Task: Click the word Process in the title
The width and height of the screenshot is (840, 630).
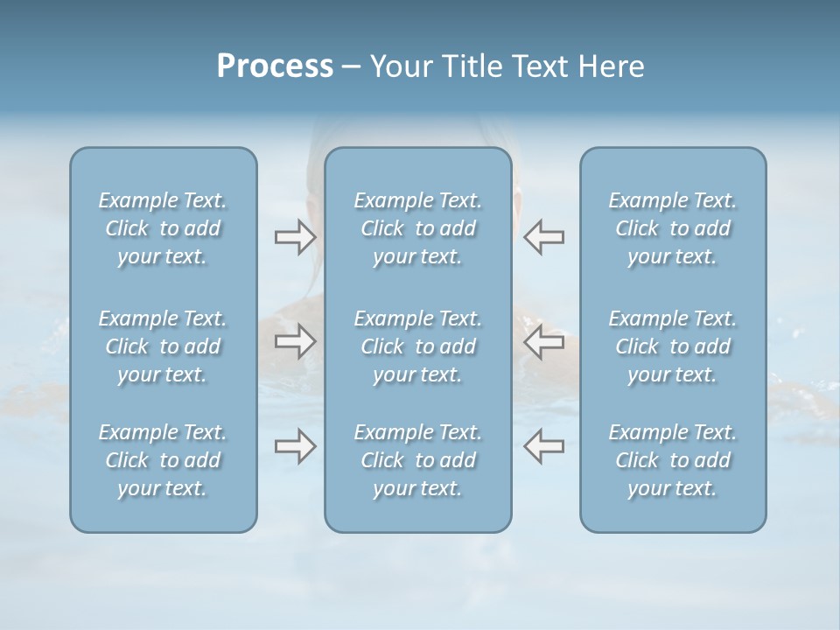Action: pyautogui.click(x=275, y=66)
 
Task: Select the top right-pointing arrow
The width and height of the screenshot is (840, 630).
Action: pyautogui.click(x=295, y=237)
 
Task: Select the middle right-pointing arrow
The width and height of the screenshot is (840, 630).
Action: pyautogui.click(x=295, y=342)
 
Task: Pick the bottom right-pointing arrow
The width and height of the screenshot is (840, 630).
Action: pyautogui.click(x=295, y=446)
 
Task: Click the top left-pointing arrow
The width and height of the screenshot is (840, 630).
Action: pyautogui.click(x=544, y=237)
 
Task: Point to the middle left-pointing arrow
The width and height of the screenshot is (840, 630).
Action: pyautogui.click(x=544, y=342)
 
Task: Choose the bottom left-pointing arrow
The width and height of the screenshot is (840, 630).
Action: pyautogui.click(x=544, y=446)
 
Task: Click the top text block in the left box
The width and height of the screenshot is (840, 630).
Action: pyautogui.click(x=163, y=228)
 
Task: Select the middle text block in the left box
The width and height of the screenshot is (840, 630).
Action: pyautogui.click(x=163, y=346)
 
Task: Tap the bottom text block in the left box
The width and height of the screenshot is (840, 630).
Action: pyautogui.click(x=163, y=460)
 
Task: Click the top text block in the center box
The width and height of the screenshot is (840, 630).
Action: pyautogui.click(x=418, y=228)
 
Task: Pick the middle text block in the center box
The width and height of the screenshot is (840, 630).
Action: pyautogui.click(x=418, y=346)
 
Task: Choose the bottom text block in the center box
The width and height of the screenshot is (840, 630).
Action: pyautogui.click(x=418, y=460)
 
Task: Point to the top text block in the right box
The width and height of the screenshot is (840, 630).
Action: pyautogui.click(x=673, y=228)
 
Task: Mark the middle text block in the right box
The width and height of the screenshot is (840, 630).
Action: pyautogui.click(x=673, y=346)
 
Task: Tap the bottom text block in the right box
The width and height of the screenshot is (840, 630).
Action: pyautogui.click(x=673, y=460)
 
